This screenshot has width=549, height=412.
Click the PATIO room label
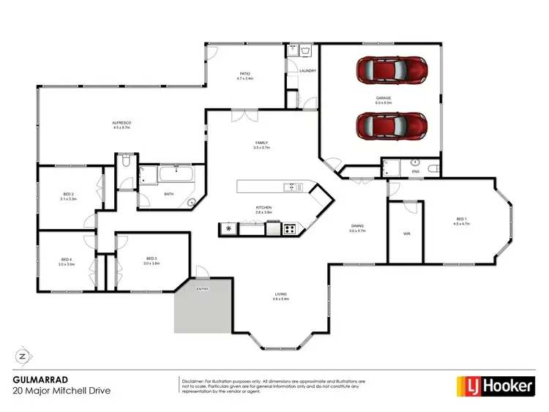(245, 74)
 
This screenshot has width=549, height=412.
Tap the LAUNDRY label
(307, 71)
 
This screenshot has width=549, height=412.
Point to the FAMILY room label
(261, 143)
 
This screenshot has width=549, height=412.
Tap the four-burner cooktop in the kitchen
(290, 229)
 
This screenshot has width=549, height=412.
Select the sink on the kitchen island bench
(291, 187)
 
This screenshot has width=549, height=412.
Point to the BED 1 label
(462, 219)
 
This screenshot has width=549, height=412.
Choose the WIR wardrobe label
(406, 234)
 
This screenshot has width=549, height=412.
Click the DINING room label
(356, 226)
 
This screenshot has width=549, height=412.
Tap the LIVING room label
(280, 294)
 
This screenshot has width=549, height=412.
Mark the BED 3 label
(152, 258)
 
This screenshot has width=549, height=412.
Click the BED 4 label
(66, 260)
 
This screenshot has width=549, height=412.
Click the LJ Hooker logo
(496, 385)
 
